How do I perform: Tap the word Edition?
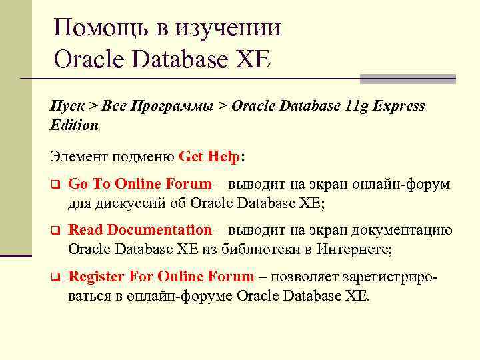[x=74, y=125]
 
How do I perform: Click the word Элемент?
[x=77, y=156]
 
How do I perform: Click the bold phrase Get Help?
[x=209, y=156]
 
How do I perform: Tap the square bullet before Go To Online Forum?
[x=56, y=183]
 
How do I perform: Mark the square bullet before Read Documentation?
[x=56, y=230]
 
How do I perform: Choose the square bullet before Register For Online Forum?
[x=56, y=276]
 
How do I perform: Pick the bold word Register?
[x=95, y=276]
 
